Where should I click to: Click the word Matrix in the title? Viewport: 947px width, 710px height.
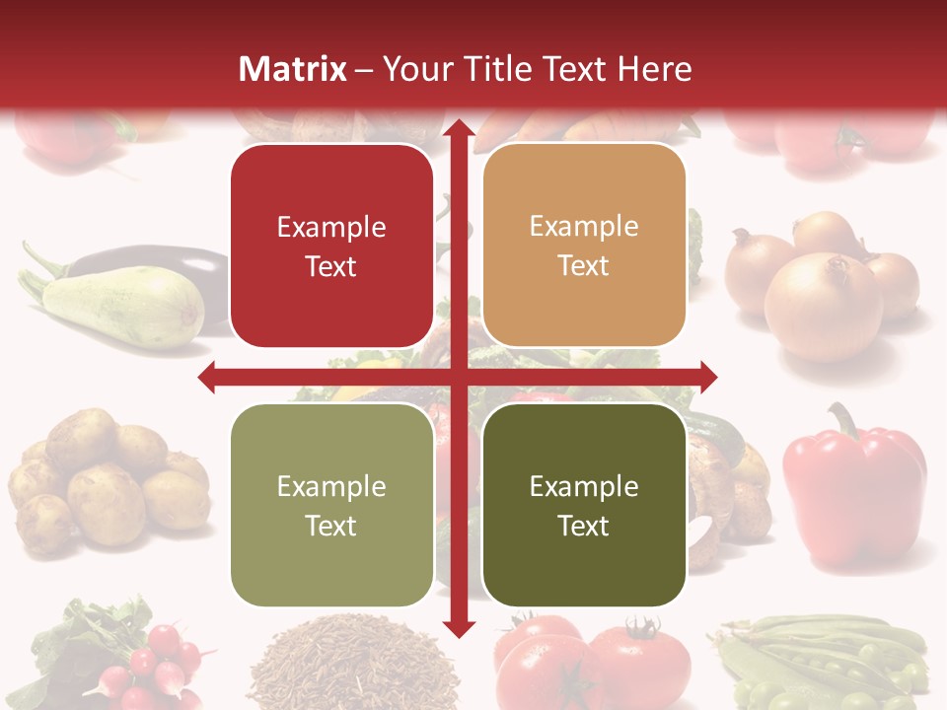[293, 69]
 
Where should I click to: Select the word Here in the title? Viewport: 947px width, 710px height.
[654, 69]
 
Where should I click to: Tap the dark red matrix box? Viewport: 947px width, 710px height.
[331, 246]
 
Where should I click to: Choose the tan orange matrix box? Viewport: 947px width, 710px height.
[584, 246]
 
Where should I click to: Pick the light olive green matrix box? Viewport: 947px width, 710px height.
[331, 505]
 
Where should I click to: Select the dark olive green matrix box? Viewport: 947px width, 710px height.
[584, 505]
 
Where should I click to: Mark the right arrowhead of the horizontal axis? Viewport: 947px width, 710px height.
[708, 377]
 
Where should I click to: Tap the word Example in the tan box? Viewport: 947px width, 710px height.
[584, 227]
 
